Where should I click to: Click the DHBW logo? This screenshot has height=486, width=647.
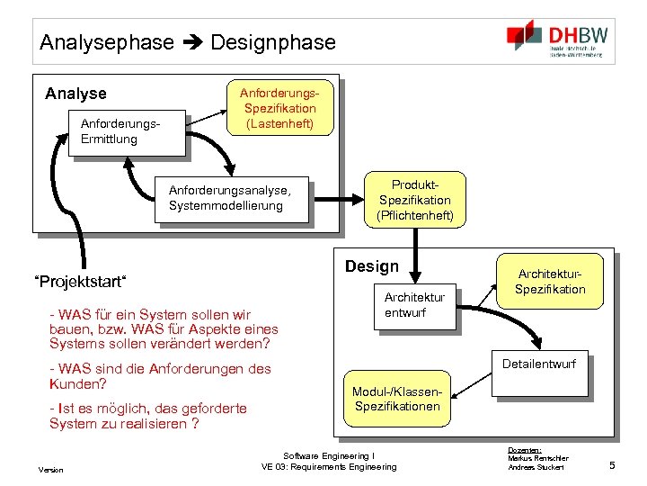point(557,40)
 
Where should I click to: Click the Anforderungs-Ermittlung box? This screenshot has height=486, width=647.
point(126,132)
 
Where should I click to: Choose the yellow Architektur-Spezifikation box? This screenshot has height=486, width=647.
point(550,282)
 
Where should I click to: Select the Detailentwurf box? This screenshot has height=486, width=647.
point(539,364)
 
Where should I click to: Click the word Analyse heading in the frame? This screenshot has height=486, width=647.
point(75,94)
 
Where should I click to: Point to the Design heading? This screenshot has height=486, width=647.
point(372,266)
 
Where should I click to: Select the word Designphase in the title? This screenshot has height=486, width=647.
point(273,42)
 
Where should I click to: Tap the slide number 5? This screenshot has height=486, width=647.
point(611,464)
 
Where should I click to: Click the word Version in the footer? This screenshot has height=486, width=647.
point(50,470)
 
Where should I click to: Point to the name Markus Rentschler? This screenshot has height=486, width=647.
point(537,458)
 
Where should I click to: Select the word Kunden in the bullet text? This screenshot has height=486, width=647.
point(71,384)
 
